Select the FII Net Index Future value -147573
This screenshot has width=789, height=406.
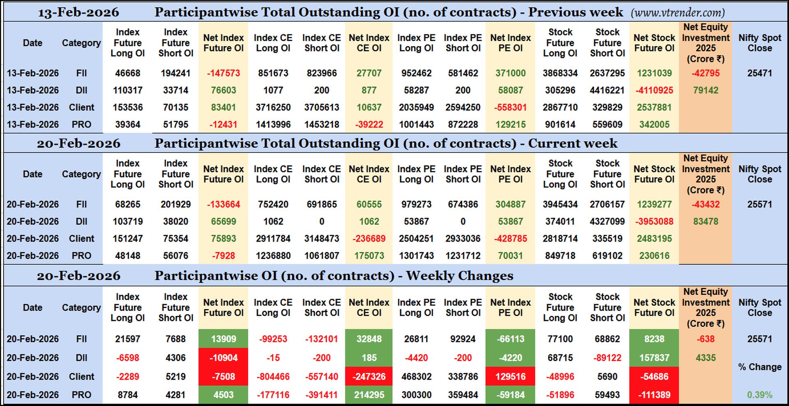(223, 73)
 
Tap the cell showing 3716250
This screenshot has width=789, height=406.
(273, 107)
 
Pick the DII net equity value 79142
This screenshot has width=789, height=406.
(705, 90)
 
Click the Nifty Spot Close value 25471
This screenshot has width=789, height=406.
(759, 73)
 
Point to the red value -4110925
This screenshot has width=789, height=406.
(654, 90)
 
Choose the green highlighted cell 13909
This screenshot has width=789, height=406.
(223, 339)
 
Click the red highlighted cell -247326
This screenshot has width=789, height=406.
(369, 376)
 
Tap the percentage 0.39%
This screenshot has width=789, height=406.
(759, 395)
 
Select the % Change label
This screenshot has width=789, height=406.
(759, 367)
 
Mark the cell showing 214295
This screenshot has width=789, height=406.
(369, 395)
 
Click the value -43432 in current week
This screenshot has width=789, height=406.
(705, 204)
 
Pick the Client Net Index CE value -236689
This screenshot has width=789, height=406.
(369, 238)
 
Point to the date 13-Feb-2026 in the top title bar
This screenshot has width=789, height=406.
(78, 12)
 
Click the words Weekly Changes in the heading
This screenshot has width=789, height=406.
(459, 275)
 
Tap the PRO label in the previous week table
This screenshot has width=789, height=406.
(81, 125)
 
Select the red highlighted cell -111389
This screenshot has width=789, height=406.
(654, 395)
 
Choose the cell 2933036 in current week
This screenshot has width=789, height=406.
(463, 238)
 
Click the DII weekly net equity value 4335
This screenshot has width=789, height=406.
(705, 358)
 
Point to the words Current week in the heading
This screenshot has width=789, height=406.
(572, 143)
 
